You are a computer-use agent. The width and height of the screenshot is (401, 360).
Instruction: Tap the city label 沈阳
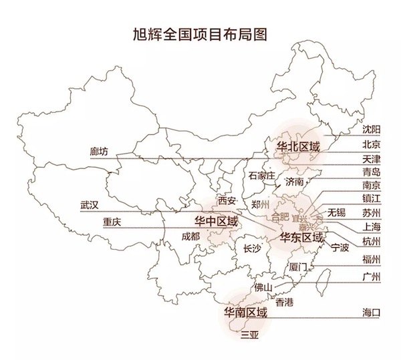[371, 128]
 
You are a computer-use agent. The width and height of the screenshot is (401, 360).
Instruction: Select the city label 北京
[371, 144]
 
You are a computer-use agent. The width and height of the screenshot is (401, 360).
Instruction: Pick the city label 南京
[371, 186]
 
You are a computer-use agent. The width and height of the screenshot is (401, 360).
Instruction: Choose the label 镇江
[371, 199]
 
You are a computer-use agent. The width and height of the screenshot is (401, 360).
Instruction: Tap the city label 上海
[371, 226]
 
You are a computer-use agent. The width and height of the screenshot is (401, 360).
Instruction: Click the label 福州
[371, 259]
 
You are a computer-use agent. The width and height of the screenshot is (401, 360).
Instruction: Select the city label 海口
[371, 312]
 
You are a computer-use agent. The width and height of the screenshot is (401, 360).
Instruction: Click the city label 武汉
[89, 205]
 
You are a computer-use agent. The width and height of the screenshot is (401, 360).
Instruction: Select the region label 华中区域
[215, 221]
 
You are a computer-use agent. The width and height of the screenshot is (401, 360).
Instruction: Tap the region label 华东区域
[301, 237]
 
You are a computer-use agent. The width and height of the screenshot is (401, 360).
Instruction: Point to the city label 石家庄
[261, 176]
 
